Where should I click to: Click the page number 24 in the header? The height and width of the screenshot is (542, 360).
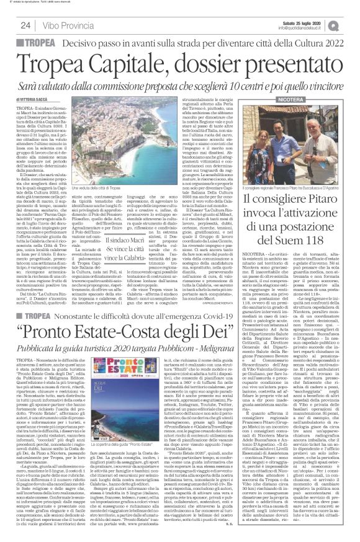25,25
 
